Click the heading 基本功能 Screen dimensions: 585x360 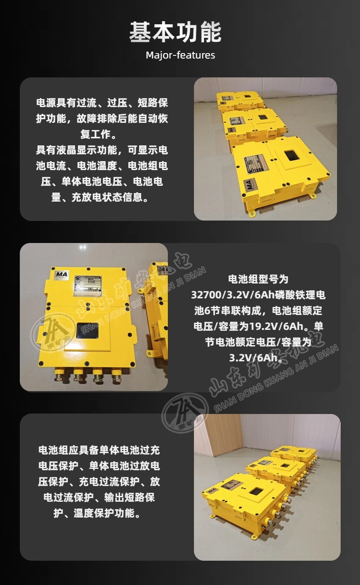click(x=175, y=33)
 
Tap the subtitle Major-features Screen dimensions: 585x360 click(x=180, y=55)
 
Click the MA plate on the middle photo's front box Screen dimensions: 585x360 click(x=62, y=274)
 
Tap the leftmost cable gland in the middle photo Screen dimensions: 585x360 click(x=58, y=374)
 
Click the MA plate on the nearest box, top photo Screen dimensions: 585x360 click(x=249, y=184)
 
